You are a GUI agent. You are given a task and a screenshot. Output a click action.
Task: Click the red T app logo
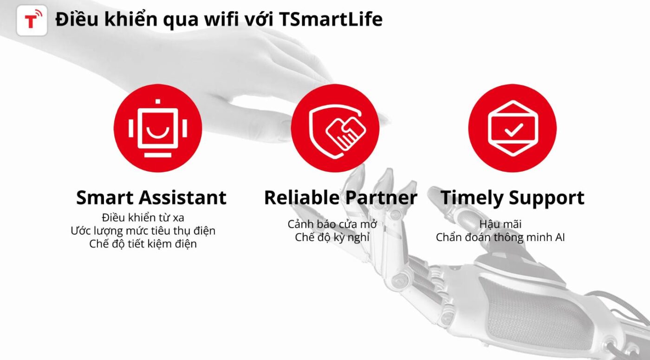[x=32, y=20]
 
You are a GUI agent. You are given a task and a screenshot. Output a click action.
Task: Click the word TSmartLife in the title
[x=331, y=20]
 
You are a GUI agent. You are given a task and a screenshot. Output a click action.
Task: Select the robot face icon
[x=158, y=128]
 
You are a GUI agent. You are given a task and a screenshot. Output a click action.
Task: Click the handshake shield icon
[x=337, y=131]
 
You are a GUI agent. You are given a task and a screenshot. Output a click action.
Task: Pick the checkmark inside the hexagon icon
[x=513, y=130]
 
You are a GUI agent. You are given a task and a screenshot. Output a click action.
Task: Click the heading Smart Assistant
[x=151, y=198]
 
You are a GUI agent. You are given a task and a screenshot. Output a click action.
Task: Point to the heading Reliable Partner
[x=341, y=198]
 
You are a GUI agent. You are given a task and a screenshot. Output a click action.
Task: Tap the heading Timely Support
[x=513, y=198]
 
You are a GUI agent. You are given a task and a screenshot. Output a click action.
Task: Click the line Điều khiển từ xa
[x=143, y=217]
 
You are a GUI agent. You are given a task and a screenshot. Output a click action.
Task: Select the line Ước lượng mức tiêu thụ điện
[x=143, y=231]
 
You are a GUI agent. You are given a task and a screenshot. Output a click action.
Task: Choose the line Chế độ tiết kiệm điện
[x=143, y=244]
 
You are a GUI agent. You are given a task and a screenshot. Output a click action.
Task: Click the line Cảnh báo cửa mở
[x=332, y=224]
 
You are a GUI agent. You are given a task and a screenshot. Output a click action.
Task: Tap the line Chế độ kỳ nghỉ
[x=332, y=237]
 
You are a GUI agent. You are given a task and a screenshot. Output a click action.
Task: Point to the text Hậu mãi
[x=500, y=224]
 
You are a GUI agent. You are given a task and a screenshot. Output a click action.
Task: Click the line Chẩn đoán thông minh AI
[x=500, y=237]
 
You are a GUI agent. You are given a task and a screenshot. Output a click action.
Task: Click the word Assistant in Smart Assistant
[x=182, y=198]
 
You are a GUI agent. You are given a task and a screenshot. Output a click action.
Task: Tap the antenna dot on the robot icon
[x=158, y=102]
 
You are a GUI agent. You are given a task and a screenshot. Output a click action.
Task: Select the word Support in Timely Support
[x=546, y=199]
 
